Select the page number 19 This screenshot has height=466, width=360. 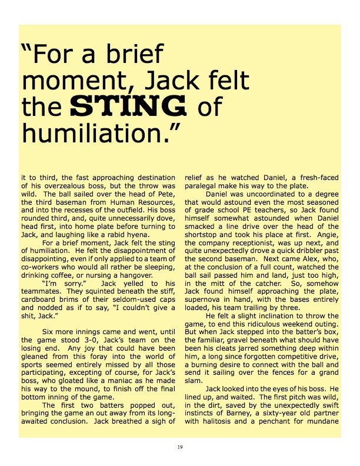[x=180, y=448]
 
